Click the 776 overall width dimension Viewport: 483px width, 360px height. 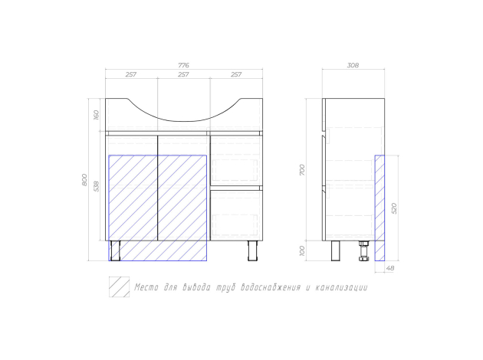click(x=183, y=65)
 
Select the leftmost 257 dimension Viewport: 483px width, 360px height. click(x=131, y=74)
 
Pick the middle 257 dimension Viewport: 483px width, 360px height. click(x=183, y=74)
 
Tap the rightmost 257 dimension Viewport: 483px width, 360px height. click(x=236, y=74)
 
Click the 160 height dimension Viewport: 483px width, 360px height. click(x=96, y=115)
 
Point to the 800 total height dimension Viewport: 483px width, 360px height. click(x=84, y=180)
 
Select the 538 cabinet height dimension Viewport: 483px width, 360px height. click(x=96, y=186)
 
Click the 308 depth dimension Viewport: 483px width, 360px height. click(x=353, y=65)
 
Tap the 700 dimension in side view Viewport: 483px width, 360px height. click(x=302, y=170)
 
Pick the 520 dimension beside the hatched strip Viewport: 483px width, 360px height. click(x=394, y=208)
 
